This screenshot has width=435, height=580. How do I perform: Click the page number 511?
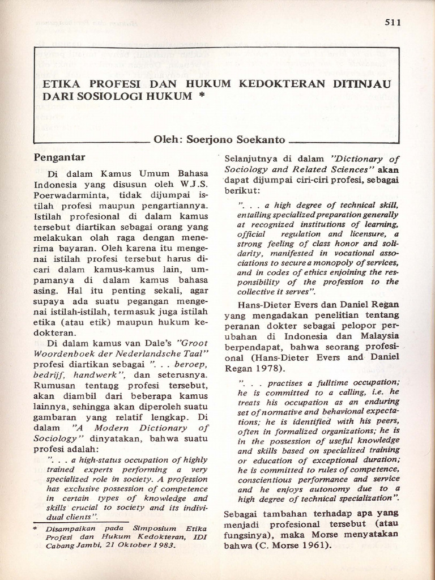coord(393,23)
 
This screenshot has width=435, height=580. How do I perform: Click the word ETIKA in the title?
coord(62,84)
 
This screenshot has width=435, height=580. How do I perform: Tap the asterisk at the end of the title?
coord(201,97)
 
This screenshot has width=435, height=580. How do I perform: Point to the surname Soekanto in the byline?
coord(261,139)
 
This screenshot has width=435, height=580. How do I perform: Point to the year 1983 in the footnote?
coord(163,547)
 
